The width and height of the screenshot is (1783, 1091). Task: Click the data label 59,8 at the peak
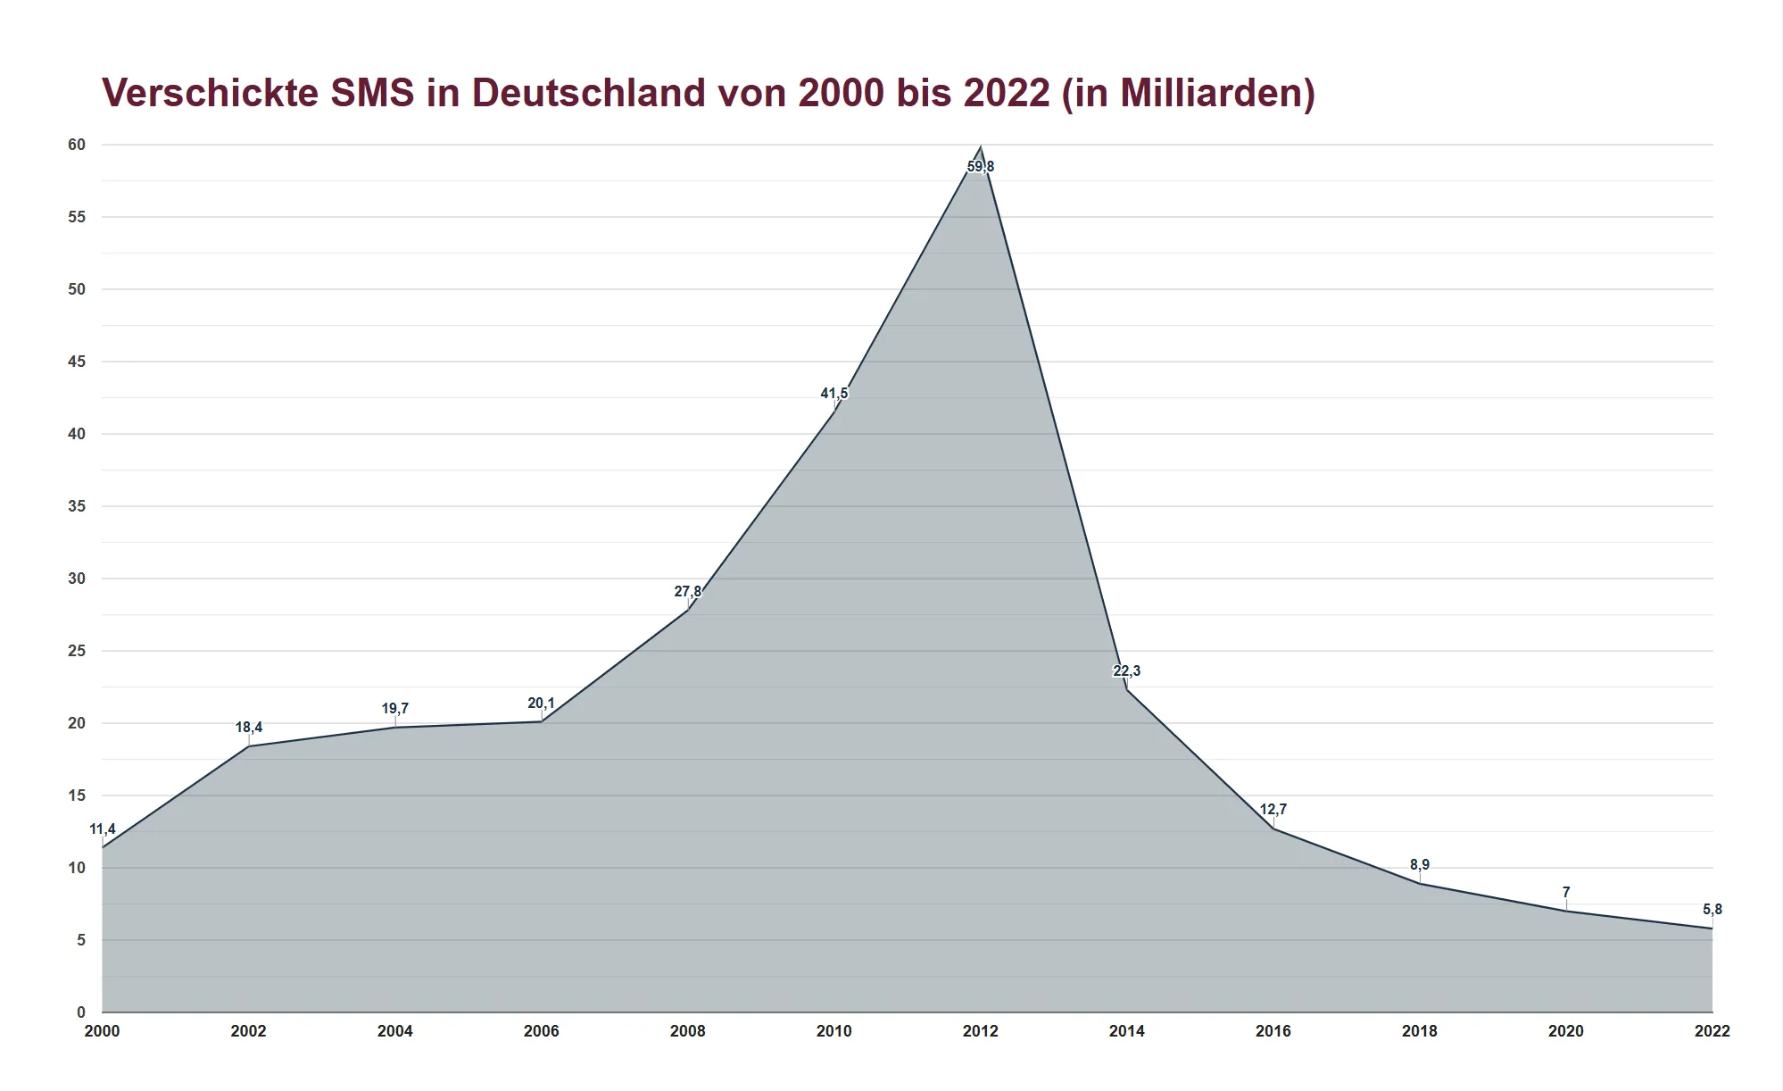[x=980, y=167]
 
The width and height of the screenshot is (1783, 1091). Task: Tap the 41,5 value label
[x=834, y=394]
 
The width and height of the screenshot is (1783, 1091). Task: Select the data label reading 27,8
[x=687, y=592]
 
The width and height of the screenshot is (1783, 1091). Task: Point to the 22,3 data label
[x=1126, y=671]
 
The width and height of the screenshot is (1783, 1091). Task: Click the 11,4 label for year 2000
[x=103, y=829]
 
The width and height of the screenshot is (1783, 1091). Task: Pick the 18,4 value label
[x=249, y=728]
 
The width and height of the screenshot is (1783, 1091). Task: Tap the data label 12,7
[x=1273, y=810]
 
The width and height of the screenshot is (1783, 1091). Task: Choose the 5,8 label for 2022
[x=1712, y=910]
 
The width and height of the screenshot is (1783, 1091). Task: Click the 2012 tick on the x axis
[x=980, y=1031]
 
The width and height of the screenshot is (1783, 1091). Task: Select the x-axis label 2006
[x=541, y=1031]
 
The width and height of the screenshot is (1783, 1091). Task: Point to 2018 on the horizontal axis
[x=1419, y=1031]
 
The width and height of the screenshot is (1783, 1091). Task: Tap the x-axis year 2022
[x=1712, y=1031]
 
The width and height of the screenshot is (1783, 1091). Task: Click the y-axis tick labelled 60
[x=77, y=145]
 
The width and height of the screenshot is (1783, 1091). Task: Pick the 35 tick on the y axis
[x=77, y=506]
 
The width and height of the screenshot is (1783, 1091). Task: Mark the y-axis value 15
[x=77, y=795]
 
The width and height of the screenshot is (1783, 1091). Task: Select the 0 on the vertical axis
[x=81, y=1012]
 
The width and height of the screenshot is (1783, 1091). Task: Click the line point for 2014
[x=1126, y=689]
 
